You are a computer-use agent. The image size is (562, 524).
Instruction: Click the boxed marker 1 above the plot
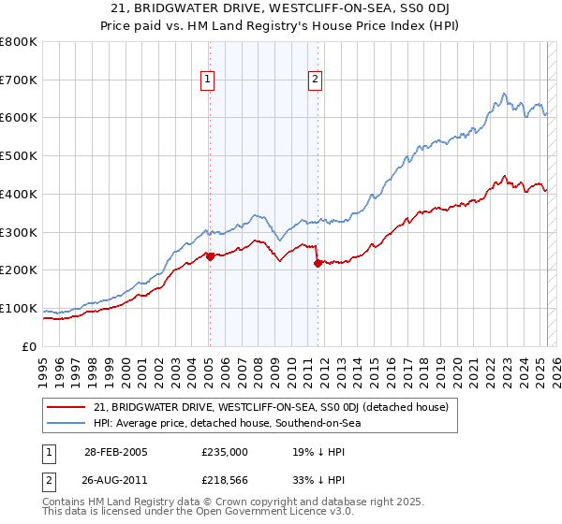coord(207,80)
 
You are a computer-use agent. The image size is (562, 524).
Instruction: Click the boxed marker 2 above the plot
coord(316,80)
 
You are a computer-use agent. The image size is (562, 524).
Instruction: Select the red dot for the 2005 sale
coord(210,256)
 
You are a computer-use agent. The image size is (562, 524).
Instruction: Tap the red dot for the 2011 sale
coord(318,263)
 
